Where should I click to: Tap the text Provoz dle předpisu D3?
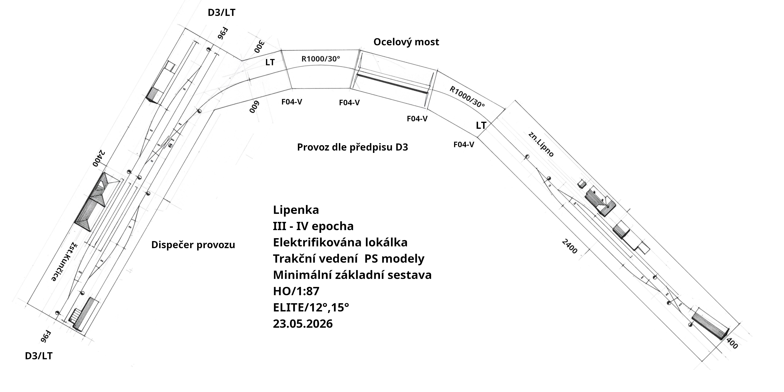click(352, 147)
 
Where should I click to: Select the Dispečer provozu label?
click(193, 245)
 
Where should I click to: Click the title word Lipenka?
click(296, 210)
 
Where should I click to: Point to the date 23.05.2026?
click(303, 324)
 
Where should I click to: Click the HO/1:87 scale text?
click(296, 291)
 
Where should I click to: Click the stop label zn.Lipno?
click(541, 144)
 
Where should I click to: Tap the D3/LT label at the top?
click(221, 13)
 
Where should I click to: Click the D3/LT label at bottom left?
click(39, 356)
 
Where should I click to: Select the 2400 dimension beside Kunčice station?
click(99, 158)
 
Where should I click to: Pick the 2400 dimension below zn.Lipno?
click(569, 247)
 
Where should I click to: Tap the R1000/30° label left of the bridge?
click(321, 59)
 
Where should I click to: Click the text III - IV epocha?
click(313, 226)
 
